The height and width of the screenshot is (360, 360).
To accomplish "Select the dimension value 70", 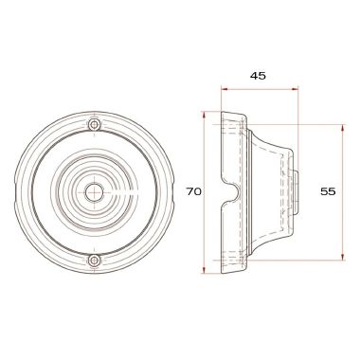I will point(193,191).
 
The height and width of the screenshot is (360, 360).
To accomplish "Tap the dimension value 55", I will point(329,191).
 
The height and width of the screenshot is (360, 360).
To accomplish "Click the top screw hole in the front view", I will point(93,125).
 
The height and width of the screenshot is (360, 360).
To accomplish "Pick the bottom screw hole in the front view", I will point(93,261).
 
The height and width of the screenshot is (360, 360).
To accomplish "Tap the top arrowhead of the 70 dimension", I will point(205,116).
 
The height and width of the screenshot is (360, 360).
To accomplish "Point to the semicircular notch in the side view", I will point(228,191).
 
